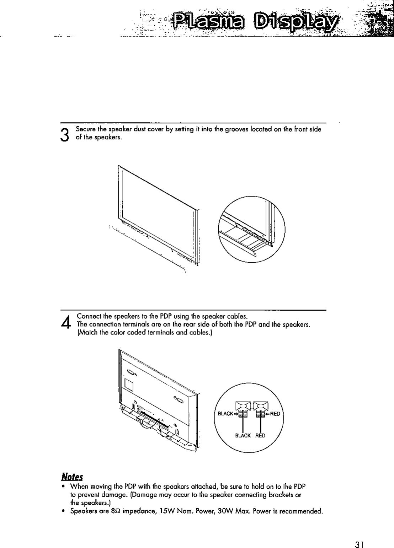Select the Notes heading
coord(72,476)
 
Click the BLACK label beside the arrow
coord(225,414)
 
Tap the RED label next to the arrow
coord(275,414)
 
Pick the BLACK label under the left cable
coord(243,436)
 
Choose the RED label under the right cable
coord(261,436)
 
